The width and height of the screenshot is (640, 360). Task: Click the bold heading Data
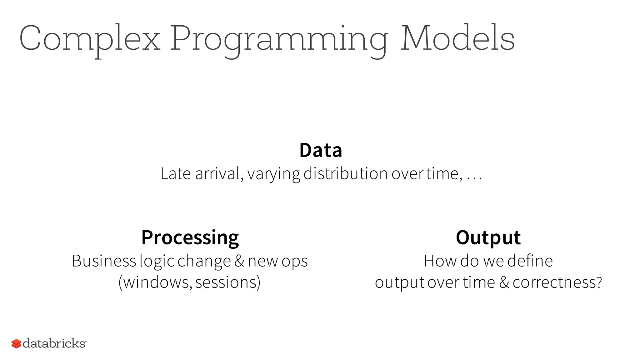(x=321, y=150)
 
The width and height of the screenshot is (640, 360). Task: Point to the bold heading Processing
(x=190, y=238)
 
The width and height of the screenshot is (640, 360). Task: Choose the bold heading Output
(x=488, y=238)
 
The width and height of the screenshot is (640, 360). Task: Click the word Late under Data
(x=175, y=174)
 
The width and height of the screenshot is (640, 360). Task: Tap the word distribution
(x=345, y=174)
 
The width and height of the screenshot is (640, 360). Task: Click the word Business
(x=104, y=261)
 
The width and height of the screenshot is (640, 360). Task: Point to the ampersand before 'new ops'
(x=239, y=261)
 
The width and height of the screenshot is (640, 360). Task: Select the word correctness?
(x=557, y=282)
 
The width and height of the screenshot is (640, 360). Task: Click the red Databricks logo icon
(x=16, y=344)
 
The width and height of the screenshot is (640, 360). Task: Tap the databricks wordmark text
(x=54, y=343)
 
